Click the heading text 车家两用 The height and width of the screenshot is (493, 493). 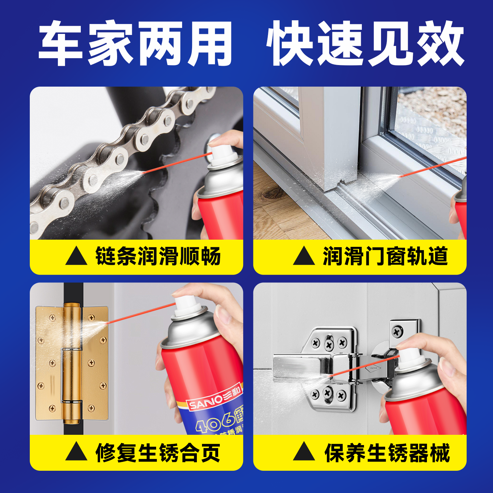tap(136, 43)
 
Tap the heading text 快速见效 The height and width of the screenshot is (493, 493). tap(365, 43)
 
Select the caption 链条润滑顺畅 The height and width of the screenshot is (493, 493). tap(158, 256)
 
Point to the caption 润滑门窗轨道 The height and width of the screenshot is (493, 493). tap(385, 256)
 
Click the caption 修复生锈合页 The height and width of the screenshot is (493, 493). tap(158, 453)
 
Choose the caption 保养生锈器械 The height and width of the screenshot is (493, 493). tap(387, 453)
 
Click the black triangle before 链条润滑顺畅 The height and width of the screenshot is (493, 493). tap(76, 256)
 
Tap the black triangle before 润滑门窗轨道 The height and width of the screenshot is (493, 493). tap(304, 256)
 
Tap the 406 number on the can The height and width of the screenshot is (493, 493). tap(214, 422)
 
